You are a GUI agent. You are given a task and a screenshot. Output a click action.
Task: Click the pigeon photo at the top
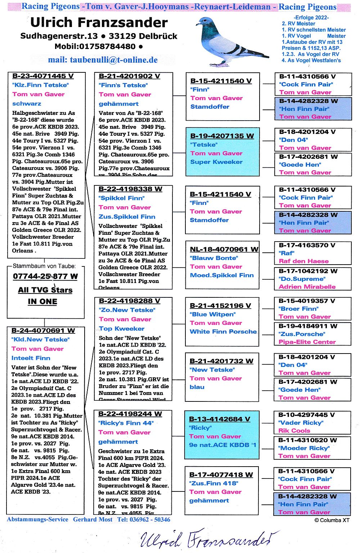[x=230, y=41]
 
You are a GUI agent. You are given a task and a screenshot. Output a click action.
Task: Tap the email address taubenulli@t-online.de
[x=103, y=60]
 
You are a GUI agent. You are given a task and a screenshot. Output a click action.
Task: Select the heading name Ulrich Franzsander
[x=99, y=23]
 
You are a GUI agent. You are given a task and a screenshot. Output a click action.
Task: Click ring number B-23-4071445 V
[x=43, y=76]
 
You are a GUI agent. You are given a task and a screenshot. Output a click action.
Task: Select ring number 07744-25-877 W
[x=45, y=276]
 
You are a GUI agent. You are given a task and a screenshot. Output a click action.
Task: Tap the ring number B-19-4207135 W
[x=222, y=136]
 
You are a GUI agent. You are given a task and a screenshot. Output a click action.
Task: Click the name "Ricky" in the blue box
[x=200, y=428]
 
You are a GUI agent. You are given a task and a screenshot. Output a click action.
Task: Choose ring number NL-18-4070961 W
[x=224, y=249]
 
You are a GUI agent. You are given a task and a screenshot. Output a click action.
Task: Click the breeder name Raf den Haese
[x=303, y=261]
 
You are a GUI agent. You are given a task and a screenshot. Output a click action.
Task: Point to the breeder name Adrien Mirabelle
[x=307, y=287]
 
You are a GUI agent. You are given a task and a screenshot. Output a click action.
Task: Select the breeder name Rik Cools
[x=294, y=431]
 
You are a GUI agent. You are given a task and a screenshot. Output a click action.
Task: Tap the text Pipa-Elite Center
[x=307, y=342]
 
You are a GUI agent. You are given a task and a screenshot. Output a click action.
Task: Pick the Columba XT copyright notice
[x=332, y=520]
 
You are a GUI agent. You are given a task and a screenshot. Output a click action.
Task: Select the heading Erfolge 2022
[x=311, y=17]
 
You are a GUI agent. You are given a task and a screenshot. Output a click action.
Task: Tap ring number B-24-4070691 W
[x=43, y=331]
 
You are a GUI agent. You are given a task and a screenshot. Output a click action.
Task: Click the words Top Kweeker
[x=122, y=328]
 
